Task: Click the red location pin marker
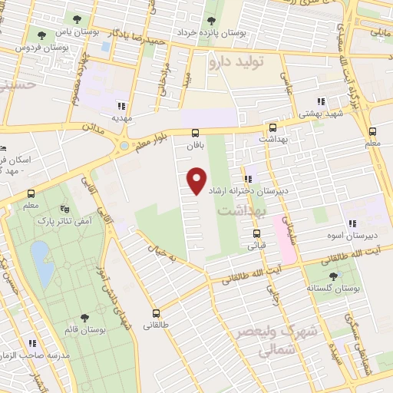tap(198, 181)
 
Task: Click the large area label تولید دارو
tap(246, 63)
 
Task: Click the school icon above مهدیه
tap(121, 107)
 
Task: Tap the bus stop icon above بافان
tap(196, 131)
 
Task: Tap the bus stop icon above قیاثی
tap(256, 234)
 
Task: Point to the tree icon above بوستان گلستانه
tap(332, 275)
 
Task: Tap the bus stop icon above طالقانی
tap(156, 313)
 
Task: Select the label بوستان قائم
tap(85, 330)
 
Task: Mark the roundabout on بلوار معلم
tap(124, 145)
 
